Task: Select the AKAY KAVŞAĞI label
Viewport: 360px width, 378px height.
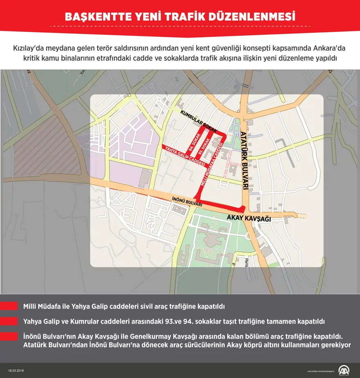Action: click(x=249, y=218)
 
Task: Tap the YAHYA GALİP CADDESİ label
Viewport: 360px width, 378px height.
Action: click(x=183, y=155)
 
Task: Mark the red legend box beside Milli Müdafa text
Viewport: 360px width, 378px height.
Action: click(x=9, y=306)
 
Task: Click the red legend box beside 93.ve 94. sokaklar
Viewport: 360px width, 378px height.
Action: click(x=9, y=321)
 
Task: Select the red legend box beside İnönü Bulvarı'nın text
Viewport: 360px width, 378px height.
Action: click(x=9, y=336)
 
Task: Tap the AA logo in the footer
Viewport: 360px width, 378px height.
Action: click(x=344, y=369)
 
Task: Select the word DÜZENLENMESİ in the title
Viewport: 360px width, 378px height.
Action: click(x=256, y=17)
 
